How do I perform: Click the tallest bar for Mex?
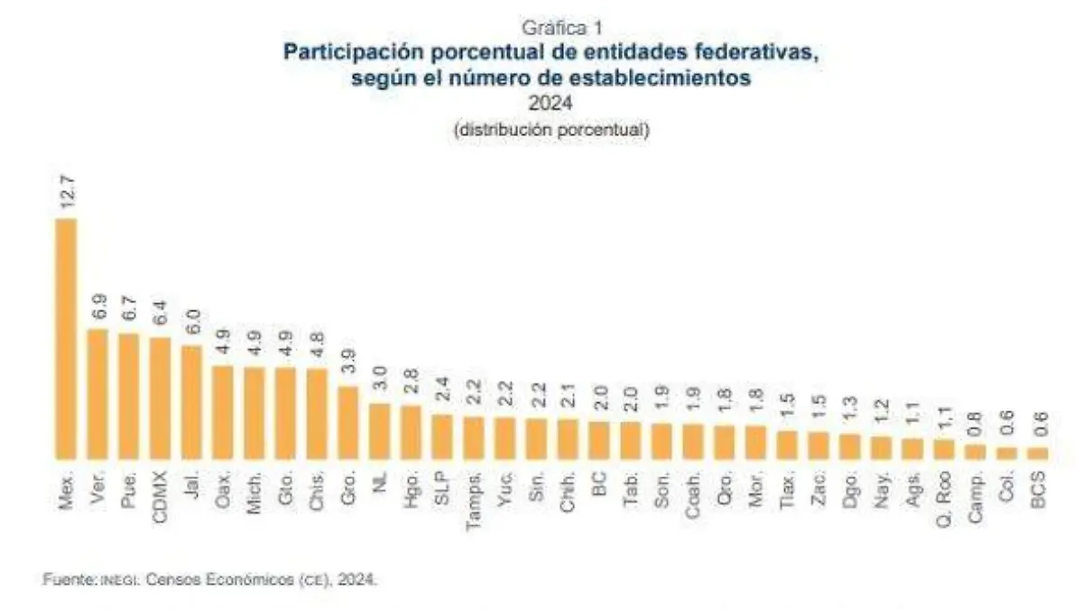click(66, 338)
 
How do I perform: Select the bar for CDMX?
click(161, 398)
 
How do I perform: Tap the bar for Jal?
click(191, 401)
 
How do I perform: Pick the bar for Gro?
click(348, 422)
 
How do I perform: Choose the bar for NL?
click(380, 430)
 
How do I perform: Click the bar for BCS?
click(1038, 453)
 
